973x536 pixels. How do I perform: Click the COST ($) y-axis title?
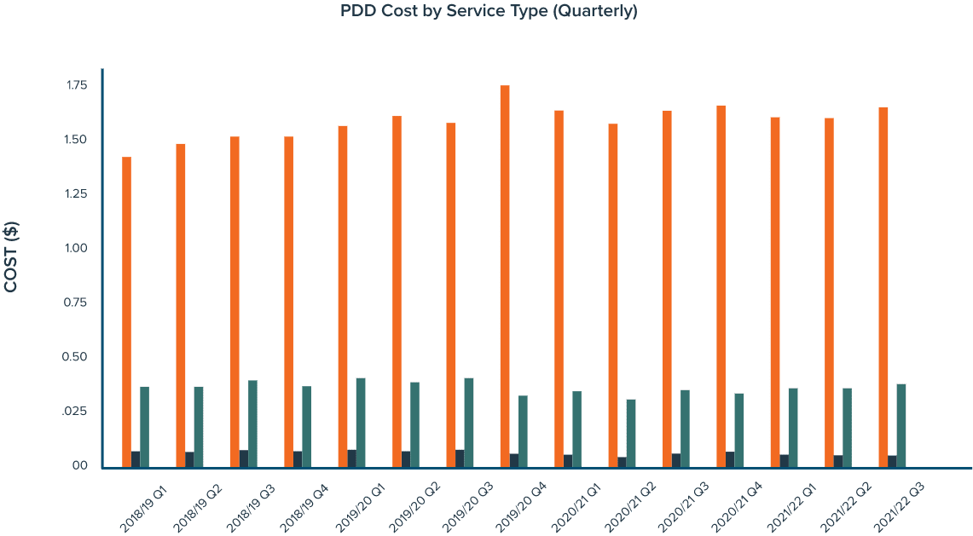click(12, 256)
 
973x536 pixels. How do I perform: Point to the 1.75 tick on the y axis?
click(76, 85)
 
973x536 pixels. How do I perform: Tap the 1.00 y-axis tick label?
click(76, 248)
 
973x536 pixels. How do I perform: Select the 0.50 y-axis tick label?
click(76, 357)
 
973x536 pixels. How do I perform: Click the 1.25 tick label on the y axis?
click(76, 193)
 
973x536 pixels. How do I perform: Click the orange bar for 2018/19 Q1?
click(126, 311)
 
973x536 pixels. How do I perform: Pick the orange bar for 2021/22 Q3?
click(883, 286)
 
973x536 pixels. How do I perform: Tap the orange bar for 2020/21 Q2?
click(613, 295)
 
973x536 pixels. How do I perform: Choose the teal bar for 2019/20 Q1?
click(362, 422)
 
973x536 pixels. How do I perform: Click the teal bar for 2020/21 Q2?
click(631, 432)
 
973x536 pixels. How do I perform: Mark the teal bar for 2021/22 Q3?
click(901, 424)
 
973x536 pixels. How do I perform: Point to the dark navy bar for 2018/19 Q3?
click(244, 458)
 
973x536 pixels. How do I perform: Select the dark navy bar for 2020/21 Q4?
click(730, 459)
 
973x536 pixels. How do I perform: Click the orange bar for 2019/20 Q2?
click(397, 291)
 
